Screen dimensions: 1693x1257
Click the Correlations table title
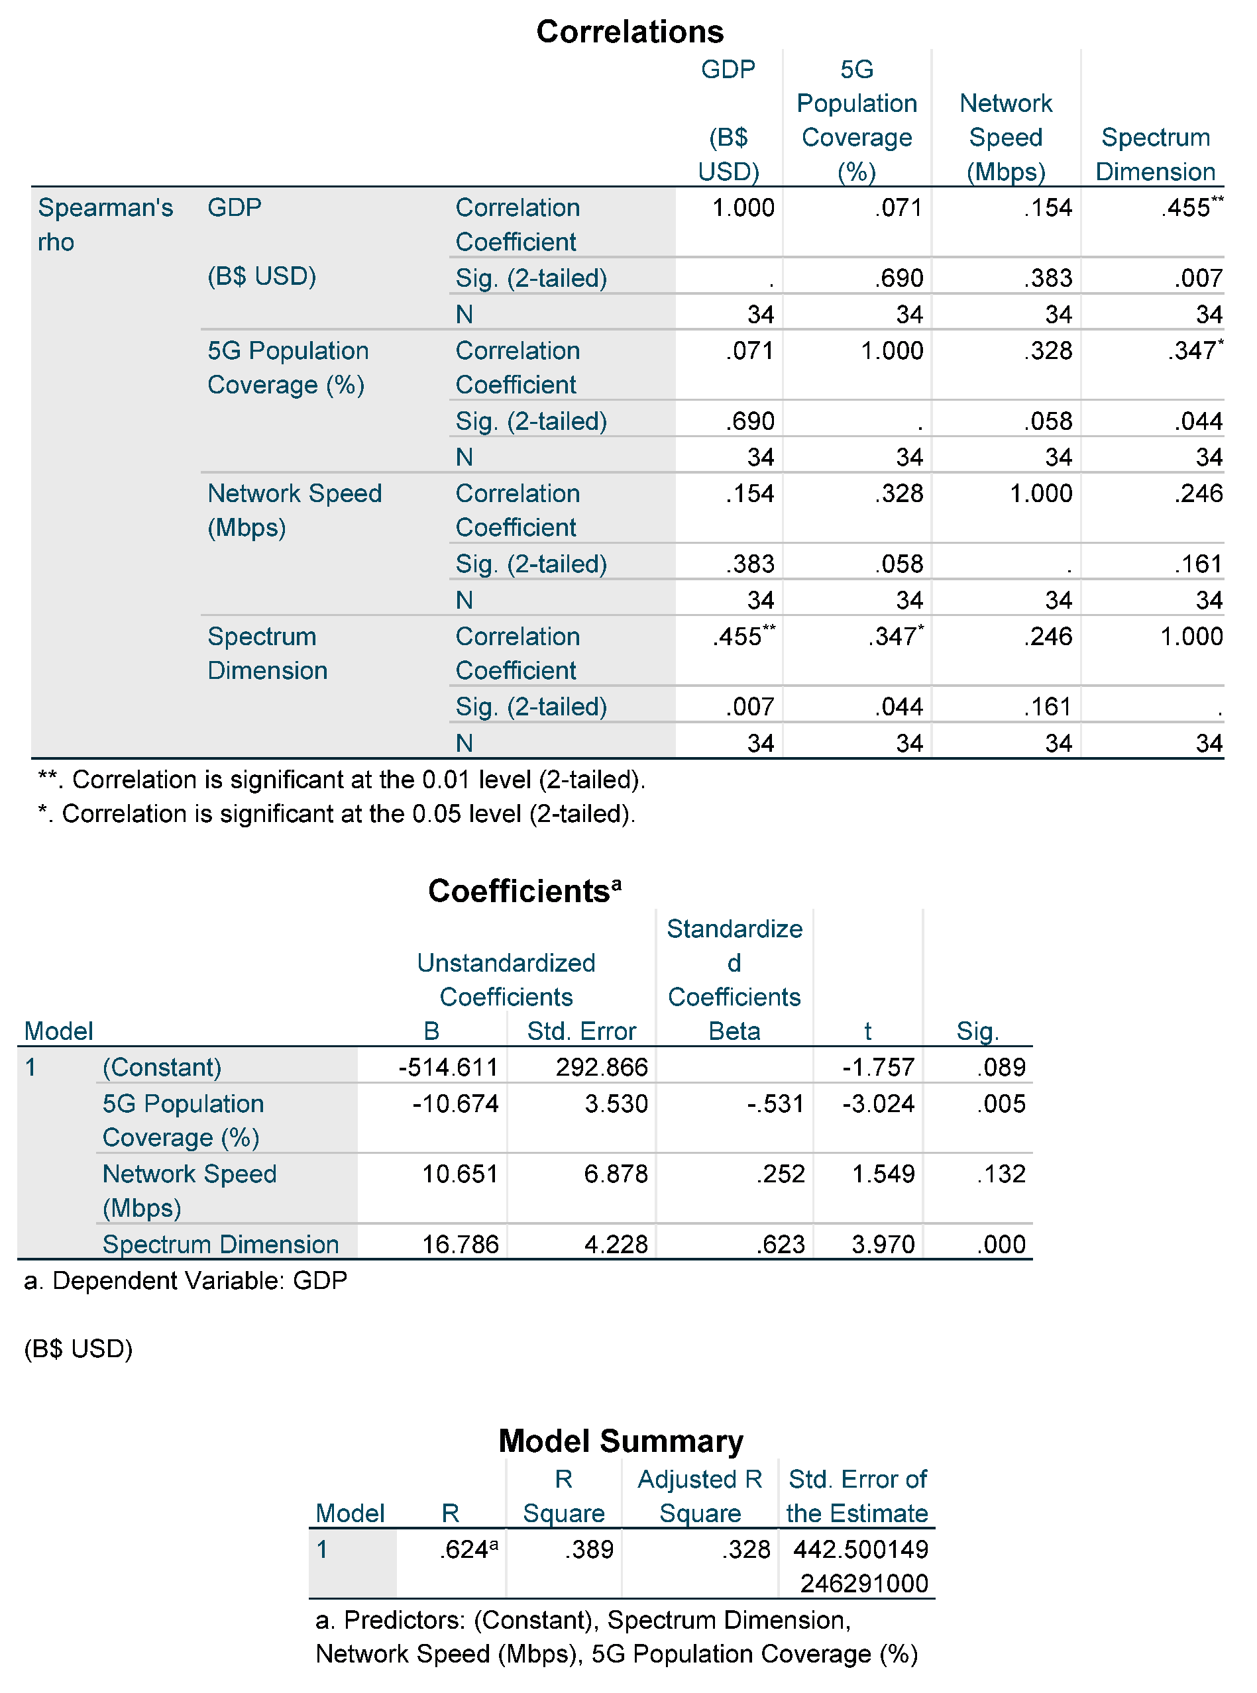pyautogui.click(x=629, y=32)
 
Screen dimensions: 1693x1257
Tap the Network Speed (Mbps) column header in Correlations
pyautogui.click(x=1005, y=138)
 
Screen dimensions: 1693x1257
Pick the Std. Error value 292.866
pyautogui.click(x=601, y=1067)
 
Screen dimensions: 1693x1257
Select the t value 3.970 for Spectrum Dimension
pyautogui.click(x=883, y=1245)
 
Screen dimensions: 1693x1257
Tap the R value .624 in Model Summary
pyautogui.click(x=467, y=1549)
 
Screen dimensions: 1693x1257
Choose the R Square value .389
pyautogui.click(x=588, y=1549)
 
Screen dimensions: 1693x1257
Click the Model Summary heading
pyautogui.click(x=620, y=1441)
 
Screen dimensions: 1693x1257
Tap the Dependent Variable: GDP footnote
pyautogui.click(x=185, y=1281)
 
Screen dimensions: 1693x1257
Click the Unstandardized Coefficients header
pyautogui.click(x=506, y=980)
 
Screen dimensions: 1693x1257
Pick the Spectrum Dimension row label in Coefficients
pyautogui.click(x=221, y=1245)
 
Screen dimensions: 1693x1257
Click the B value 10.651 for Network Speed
pyautogui.click(x=460, y=1174)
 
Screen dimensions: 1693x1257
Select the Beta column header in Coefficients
pyautogui.click(x=734, y=1031)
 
